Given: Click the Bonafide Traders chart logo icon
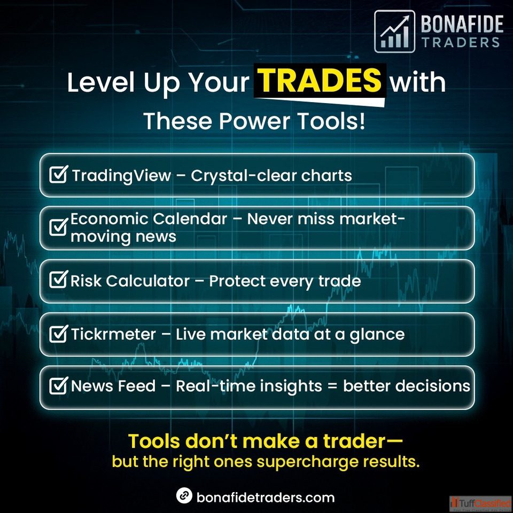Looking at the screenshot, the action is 394,32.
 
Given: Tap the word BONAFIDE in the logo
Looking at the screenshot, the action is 462,24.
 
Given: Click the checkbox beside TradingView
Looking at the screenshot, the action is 59,174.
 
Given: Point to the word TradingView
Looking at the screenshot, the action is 122,176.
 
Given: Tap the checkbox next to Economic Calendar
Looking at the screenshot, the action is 59,227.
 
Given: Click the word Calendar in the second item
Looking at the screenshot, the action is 190,219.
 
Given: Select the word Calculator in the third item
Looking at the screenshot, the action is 148,281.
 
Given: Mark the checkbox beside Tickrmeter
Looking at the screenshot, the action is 59,333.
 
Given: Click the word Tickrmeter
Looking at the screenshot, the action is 113,335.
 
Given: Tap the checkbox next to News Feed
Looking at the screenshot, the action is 59,385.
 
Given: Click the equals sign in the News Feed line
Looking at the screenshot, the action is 332,386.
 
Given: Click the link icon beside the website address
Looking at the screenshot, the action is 184,495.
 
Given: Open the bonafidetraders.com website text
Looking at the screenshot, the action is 266,498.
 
